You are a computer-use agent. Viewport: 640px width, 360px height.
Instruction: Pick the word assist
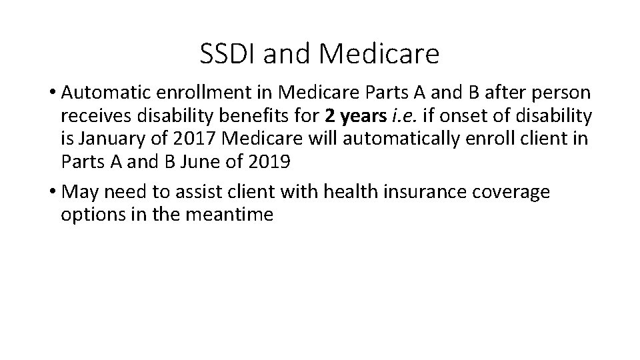(x=193, y=193)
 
